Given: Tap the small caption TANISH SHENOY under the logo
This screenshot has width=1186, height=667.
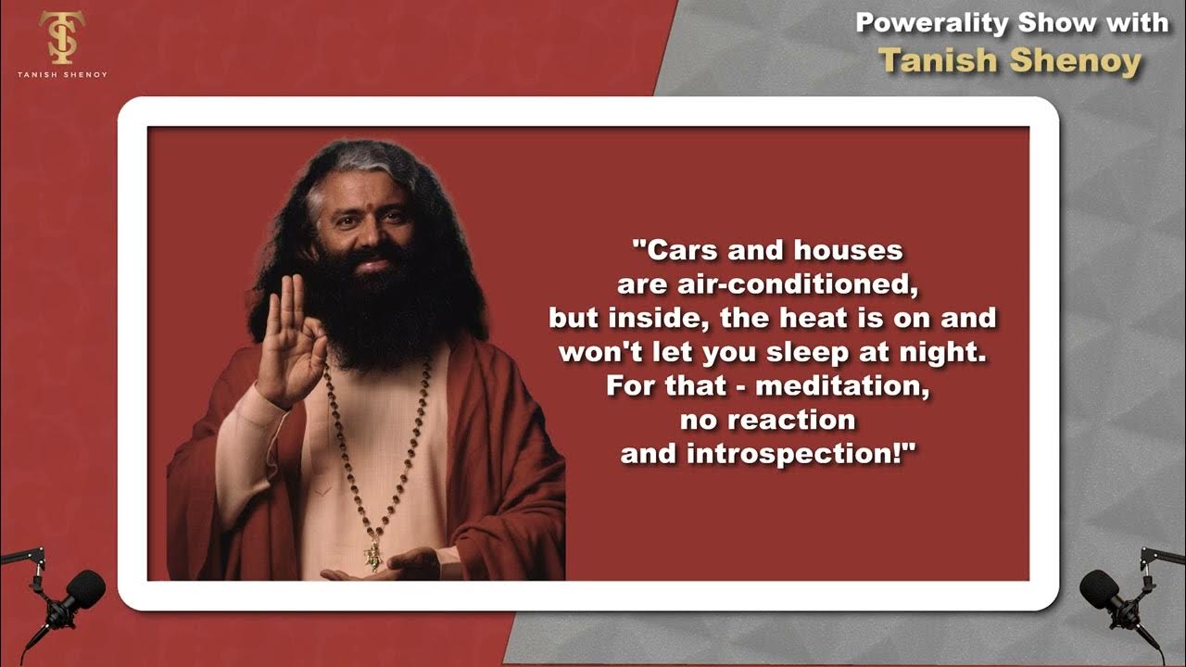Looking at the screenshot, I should tap(61, 74).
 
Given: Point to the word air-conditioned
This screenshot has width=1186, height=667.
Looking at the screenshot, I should tap(799, 284).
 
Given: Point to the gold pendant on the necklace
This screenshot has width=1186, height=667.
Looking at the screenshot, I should tap(373, 555).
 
